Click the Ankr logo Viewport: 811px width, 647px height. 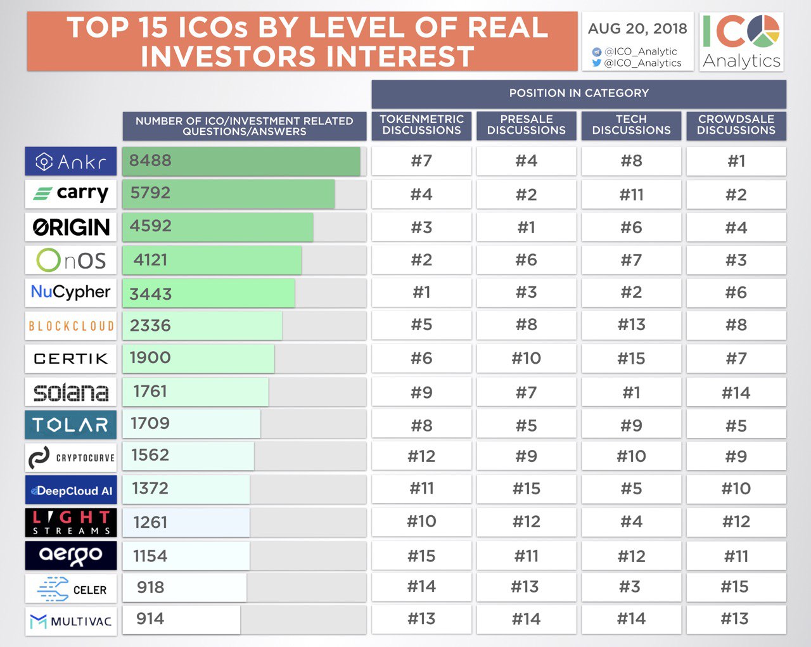(71, 162)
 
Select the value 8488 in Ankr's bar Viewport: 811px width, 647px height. (150, 161)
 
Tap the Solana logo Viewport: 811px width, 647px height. (71, 392)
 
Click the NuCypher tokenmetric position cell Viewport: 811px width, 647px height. (421, 293)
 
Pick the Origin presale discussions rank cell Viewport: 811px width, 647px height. (527, 227)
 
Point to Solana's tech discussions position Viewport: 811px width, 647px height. (631, 393)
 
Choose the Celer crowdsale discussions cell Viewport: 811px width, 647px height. (735, 587)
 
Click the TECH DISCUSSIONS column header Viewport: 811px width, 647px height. (631, 125)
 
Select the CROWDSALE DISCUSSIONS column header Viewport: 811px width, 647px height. (736, 125)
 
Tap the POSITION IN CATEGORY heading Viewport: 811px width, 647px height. (578, 93)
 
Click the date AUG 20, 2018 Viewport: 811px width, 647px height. (637, 29)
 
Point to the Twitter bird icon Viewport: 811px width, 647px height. (596, 63)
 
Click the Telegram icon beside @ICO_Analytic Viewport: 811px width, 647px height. (596, 51)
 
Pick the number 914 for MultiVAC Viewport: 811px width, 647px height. (150, 619)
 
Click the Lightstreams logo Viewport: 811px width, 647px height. (71, 523)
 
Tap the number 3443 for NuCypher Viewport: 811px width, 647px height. (150, 294)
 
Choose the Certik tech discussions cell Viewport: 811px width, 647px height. (631, 359)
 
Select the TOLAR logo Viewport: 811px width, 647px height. (71, 425)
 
